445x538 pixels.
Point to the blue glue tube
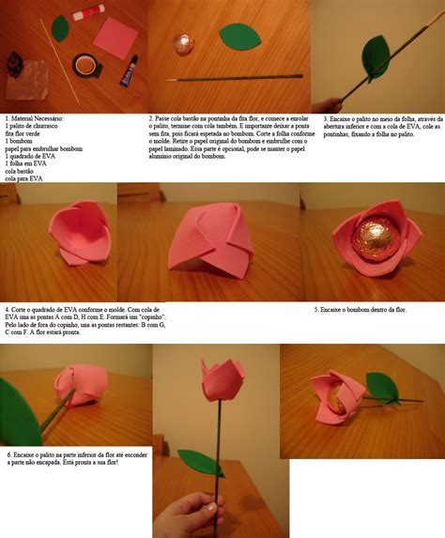[x=129, y=70]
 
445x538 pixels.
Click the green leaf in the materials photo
[x=60, y=28]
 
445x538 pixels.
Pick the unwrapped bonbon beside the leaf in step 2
[x=184, y=45]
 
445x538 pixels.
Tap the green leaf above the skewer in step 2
[x=238, y=37]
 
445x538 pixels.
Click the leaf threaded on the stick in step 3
[x=377, y=57]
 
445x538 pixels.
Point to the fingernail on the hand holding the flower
[x=213, y=508]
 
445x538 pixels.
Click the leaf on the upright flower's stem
[x=201, y=461]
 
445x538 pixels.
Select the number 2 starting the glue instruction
[x=151, y=119]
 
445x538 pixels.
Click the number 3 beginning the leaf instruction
[x=326, y=119]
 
